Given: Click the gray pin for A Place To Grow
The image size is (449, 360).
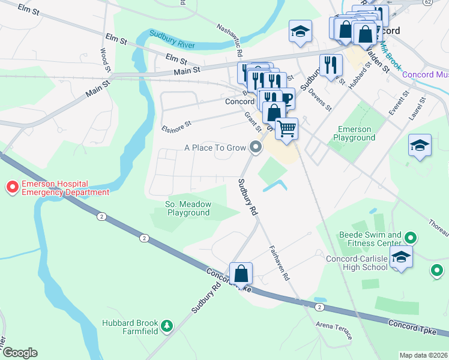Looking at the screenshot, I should coord(256,147).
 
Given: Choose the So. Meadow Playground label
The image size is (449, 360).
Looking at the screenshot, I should coord(188,208).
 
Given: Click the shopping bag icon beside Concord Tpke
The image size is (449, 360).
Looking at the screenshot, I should coord(241,274).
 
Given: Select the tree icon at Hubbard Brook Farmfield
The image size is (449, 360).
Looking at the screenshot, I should coord(166,326).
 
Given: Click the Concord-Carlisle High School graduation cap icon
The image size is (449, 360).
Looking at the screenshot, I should coord(400,258).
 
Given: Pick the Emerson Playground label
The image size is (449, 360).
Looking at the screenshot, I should coord(356,133).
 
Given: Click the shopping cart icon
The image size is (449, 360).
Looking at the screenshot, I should coord(287,128).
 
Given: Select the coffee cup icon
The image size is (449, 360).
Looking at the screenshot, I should coord(286,98).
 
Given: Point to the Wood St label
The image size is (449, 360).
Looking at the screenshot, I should coord(106,61).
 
